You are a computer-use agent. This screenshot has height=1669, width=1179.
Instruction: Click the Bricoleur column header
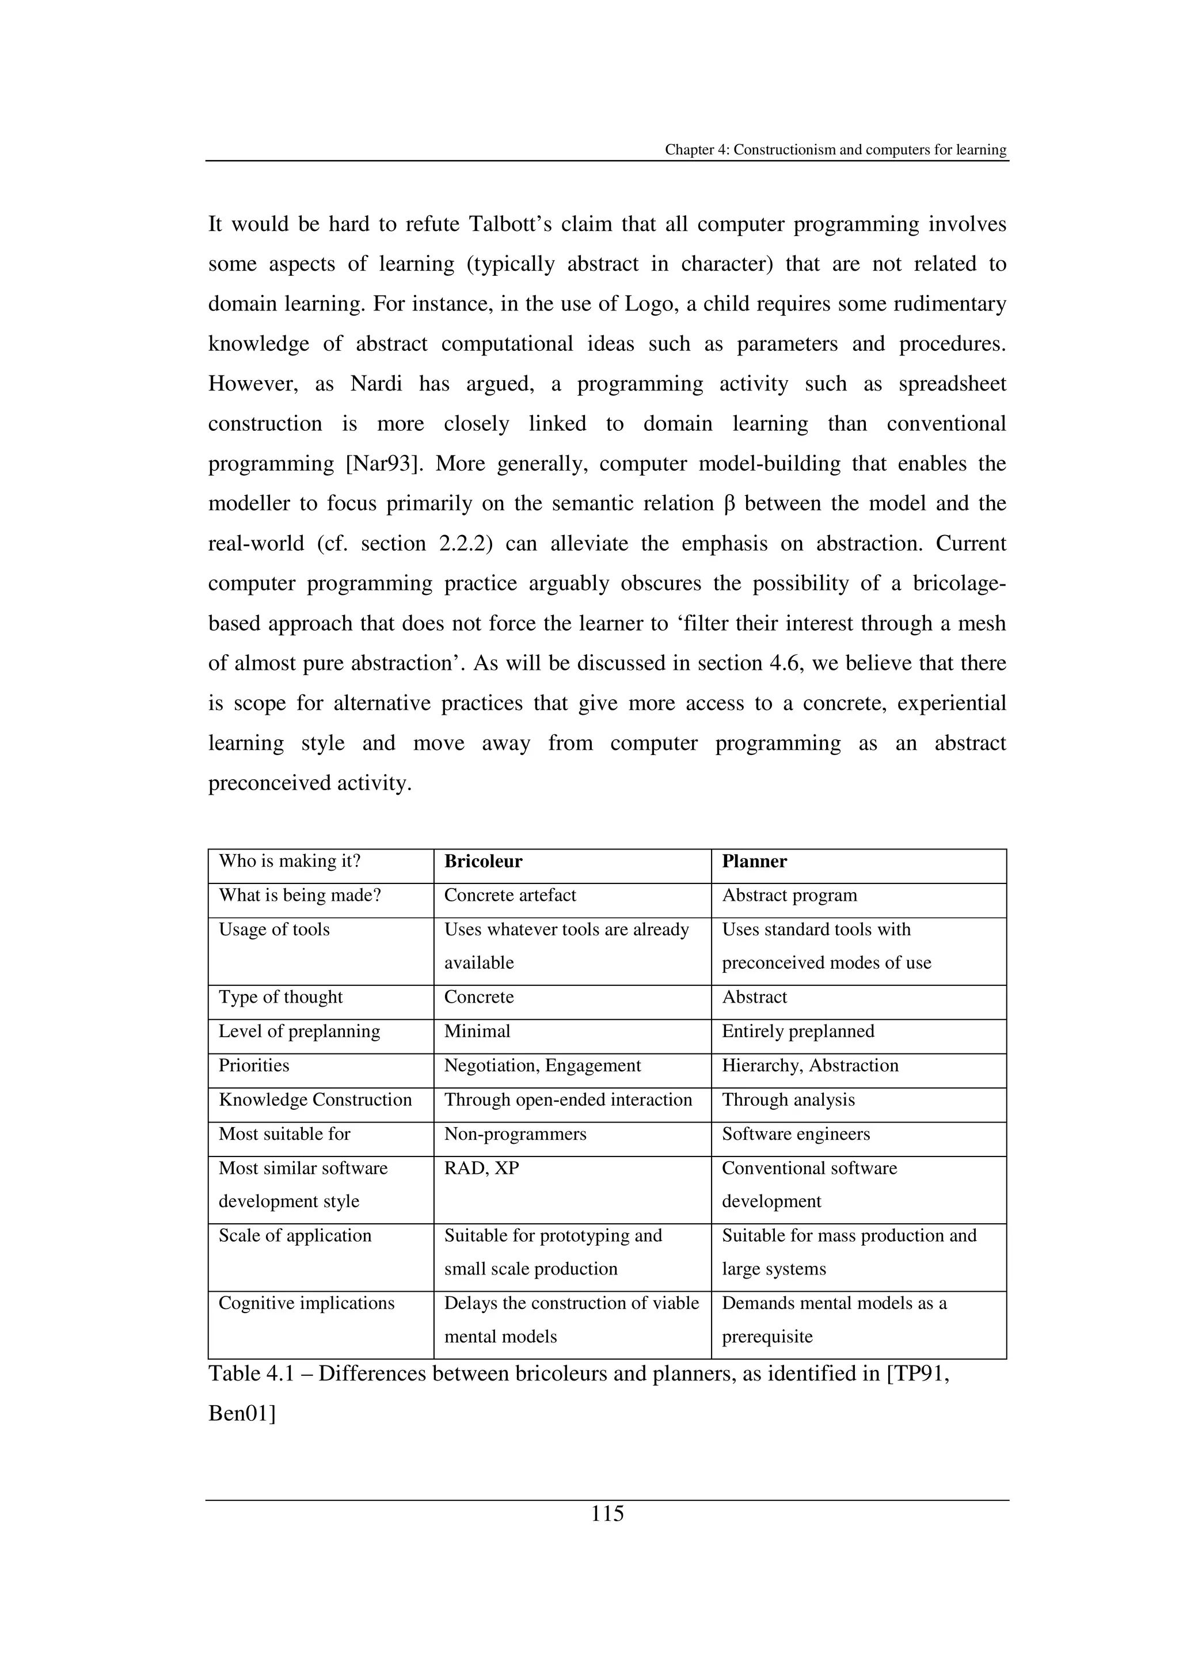click(x=483, y=862)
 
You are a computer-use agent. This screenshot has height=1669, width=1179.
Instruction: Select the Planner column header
click(x=754, y=862)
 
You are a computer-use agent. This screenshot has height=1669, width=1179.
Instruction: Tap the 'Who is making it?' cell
click(x=290, y=862)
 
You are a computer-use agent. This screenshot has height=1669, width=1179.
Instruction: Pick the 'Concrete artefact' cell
click(x=510, y=896)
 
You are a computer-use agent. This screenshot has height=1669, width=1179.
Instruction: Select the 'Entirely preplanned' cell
click(x=798, y=1031)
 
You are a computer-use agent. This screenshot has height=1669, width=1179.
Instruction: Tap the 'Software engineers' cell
click(x=796, y=1134)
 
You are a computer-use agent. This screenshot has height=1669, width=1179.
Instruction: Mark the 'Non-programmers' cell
click(x=515, y=1134)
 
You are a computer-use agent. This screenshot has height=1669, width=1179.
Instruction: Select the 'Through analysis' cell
click(x=788, y=1100)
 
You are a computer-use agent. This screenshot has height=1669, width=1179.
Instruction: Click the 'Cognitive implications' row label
click(x=307, y=1303)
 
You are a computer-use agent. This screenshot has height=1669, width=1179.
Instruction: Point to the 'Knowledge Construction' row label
click(x=315, y=1100)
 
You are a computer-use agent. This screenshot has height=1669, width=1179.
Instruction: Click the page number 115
click(x=607, y=1514)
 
